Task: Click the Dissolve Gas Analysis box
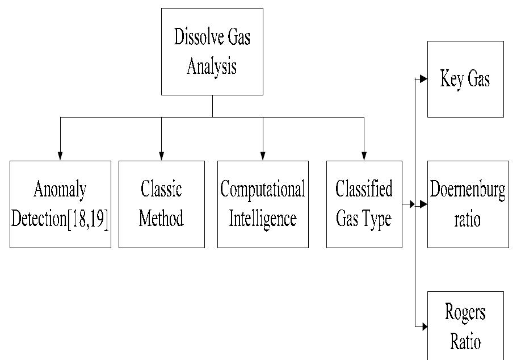(x=212, y=52)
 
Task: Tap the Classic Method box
(x=161, y=204)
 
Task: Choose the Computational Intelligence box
(x=263, y=204)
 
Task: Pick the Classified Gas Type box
(x=364, y=204)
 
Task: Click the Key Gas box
(x=465, y=79)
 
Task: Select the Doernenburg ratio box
(x=468, y=204)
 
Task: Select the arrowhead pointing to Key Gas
(x=423, y=79)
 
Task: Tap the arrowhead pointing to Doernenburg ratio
(x=423, y=204)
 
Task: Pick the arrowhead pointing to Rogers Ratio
(x=423, y=327)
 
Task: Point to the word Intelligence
(x=263, y=219)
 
